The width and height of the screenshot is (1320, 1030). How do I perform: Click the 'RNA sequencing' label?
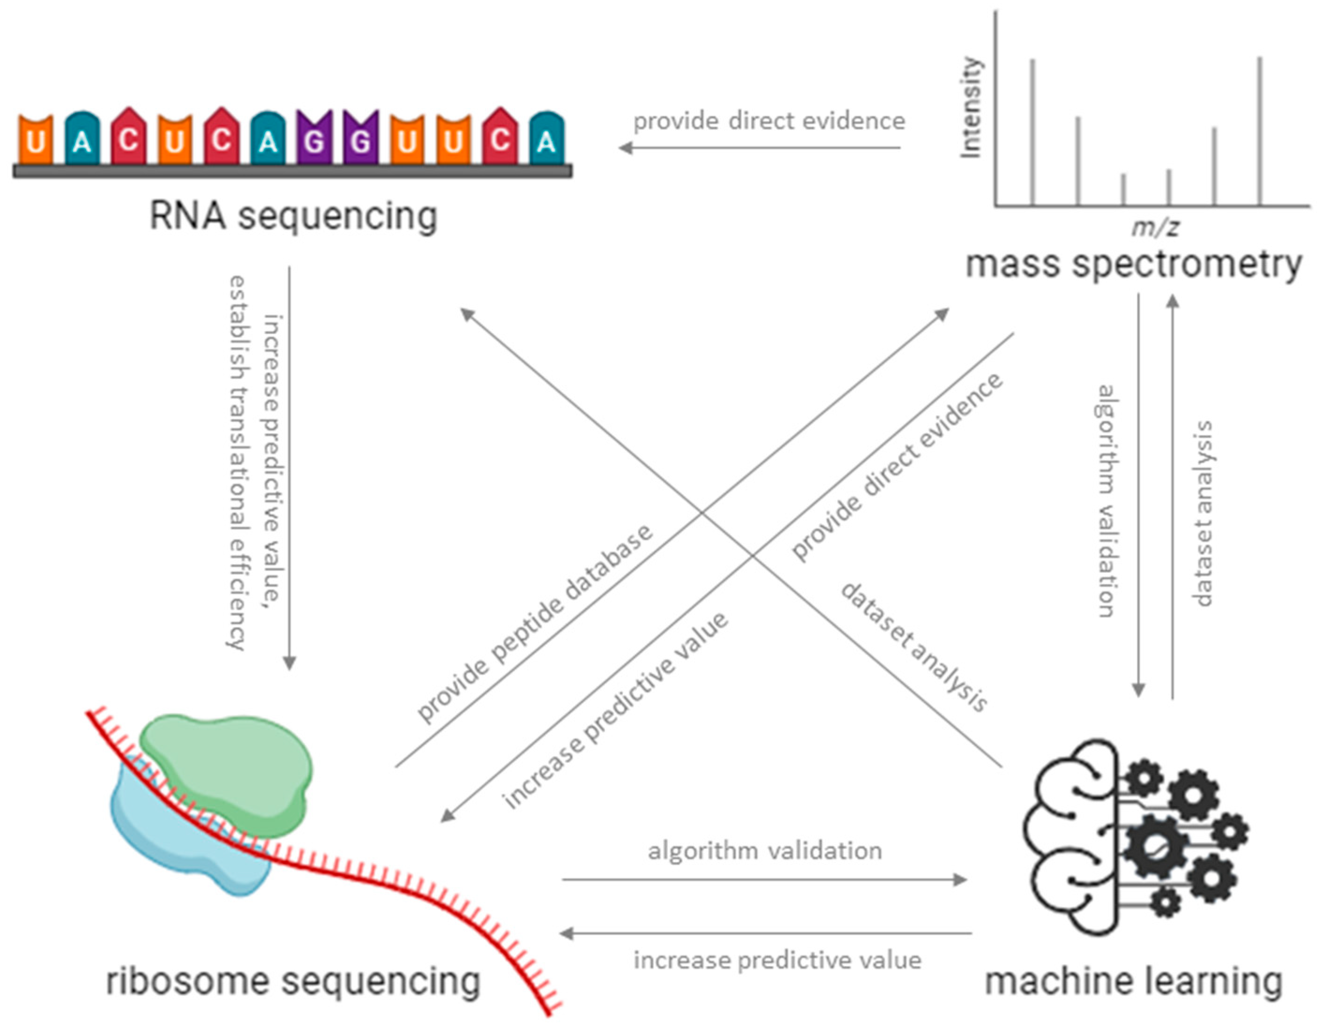(293, 216)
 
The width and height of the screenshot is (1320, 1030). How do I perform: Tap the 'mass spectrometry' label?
(1133, 264)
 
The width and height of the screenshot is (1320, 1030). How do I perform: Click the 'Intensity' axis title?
(971, 108)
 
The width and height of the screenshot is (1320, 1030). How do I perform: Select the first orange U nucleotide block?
(36, 140)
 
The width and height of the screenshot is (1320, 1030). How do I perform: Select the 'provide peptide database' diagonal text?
(535, 623)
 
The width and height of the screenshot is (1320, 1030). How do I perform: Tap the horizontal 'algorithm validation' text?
(765, 851)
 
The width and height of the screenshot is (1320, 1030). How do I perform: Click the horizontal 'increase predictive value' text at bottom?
(777, 960)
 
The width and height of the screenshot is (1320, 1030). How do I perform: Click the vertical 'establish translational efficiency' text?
(237, 463)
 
